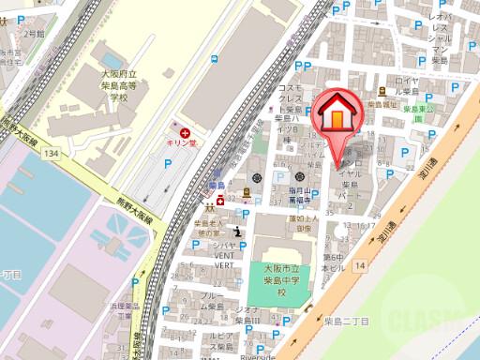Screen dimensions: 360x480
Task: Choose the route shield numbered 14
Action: [x=360, y=266]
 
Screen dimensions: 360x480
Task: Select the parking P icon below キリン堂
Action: [x=166, y=165]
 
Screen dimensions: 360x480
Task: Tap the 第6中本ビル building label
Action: [x=332, y=262]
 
